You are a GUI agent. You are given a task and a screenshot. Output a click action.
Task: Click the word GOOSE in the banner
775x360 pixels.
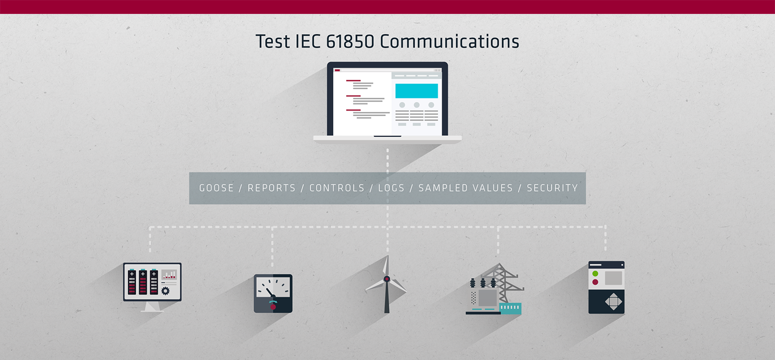coord(216,188)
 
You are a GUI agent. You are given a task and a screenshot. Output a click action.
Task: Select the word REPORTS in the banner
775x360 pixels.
coord(272,188)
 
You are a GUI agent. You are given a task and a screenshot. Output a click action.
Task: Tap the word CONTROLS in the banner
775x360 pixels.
coord(337,188)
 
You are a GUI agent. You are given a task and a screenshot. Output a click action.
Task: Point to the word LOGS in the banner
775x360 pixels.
coord(391,188)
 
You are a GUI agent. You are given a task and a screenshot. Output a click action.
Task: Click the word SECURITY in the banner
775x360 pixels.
coord(552,188)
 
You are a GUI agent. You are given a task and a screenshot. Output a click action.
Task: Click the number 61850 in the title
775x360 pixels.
coord(350,41)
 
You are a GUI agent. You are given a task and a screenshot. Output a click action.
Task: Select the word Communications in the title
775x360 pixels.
coord(450,41)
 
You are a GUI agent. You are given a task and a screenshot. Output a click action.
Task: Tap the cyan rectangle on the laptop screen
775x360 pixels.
coord(416,91)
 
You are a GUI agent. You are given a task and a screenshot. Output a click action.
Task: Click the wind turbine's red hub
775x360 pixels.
coord(387,279)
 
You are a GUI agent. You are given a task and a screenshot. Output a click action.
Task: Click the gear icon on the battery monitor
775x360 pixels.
coord(165,291)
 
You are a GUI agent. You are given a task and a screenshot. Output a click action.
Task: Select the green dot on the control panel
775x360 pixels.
coord(595,274)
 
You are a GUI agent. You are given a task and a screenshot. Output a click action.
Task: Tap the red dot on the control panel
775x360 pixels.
coord(595,282)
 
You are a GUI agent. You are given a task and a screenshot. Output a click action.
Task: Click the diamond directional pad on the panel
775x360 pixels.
coord(613,302)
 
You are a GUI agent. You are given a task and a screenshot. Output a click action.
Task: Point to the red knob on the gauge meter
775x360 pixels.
coord(273,307)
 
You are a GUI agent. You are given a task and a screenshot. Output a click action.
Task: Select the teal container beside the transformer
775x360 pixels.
coord(510,308)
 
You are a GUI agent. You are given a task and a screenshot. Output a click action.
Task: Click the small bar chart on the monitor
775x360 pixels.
coord(169,275)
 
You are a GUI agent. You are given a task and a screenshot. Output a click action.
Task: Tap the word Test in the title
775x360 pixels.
coord(273,41)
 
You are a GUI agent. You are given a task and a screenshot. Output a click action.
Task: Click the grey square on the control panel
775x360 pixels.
coord(613,278)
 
